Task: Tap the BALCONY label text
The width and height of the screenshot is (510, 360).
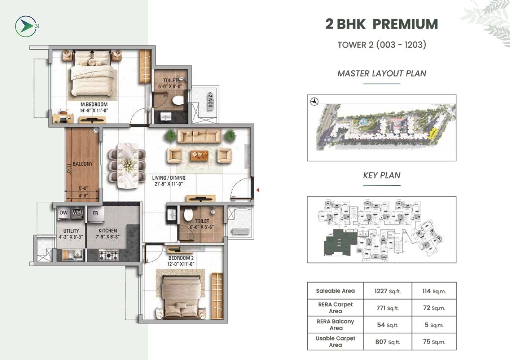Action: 82,164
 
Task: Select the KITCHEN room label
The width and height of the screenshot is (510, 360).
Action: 108,231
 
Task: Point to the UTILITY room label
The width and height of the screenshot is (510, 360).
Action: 71,231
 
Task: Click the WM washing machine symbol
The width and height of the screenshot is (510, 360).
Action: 77,213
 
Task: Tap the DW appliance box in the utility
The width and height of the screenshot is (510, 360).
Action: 64,213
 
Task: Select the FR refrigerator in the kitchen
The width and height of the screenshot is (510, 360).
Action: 96,213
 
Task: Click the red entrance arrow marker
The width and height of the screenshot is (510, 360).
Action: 258,191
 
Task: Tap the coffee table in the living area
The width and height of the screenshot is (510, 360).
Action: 199,155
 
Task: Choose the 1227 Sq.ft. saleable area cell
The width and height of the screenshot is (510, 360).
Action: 387,291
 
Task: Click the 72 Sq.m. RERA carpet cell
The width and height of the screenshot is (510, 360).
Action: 434,308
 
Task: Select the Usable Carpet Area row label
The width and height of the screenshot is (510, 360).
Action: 336,341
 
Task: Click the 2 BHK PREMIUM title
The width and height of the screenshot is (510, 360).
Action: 382,24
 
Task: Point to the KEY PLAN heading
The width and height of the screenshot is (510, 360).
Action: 382,175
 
